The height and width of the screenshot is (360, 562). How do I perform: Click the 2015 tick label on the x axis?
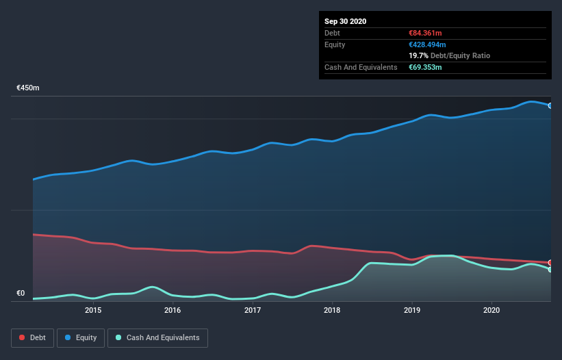tap(93, 310)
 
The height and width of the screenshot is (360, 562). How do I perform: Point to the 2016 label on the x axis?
tap(173, 310)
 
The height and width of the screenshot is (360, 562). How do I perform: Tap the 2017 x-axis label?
tap(253, 310)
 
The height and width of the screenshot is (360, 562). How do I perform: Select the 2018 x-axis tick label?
tap(332, 310)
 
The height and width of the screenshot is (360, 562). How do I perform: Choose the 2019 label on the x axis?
tap(412, 310)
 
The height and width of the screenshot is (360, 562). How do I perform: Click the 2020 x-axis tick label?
tap(491, 310)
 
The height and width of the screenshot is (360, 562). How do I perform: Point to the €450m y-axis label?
tap(28, 88)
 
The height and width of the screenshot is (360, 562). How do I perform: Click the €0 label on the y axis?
tap(21, 294)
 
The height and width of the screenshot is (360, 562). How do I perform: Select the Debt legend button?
tap(31, 338)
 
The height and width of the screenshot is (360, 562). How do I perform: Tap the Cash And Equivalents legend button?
tap(157, 338)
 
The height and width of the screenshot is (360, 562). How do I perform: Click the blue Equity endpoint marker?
tap(550, 105)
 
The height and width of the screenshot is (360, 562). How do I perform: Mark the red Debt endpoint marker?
tap(550, 263)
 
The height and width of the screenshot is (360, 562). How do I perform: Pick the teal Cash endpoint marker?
tap(550, 270)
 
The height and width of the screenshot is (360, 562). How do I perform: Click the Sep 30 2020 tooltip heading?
tap(345, 21)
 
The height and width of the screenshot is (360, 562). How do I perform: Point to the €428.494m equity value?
tap(429, 44)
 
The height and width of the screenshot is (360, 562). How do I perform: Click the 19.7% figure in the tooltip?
tap(418, 55)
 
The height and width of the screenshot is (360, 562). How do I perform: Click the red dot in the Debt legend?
tap(23, 338)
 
